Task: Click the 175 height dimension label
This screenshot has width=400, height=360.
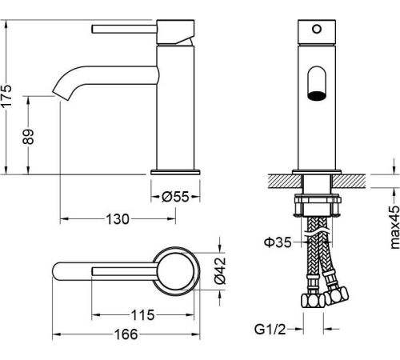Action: [6, 96]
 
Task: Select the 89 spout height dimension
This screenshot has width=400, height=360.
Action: [28, 137]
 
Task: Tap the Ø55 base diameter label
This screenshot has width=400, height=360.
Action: [175, 197]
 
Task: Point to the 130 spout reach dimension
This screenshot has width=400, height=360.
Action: [118, 219]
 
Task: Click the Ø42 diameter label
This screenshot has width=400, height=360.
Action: [220, 270]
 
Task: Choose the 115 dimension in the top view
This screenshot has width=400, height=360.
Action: [142, 315]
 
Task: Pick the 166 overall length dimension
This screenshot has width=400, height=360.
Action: [126, 334]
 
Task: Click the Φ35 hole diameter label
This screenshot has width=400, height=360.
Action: [278, 242]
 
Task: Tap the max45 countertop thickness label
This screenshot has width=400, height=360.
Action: [394, 227]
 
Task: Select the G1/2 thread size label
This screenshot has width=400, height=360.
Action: [270, 330]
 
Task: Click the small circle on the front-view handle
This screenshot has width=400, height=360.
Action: [317, 29]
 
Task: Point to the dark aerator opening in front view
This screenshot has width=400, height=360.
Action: [317, 96]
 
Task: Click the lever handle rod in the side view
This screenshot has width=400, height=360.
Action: [124, 29]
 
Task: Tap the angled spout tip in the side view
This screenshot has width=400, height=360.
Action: [62, 95]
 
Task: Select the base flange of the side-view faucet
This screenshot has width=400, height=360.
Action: [175, 172]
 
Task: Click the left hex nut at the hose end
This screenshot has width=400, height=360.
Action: [312, 301]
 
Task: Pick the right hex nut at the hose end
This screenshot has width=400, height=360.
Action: [337, 295]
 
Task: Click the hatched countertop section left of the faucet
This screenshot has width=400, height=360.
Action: [285, 181]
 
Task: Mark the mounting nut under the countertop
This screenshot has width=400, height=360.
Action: [317, 205]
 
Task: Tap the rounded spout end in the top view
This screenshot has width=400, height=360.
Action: [57, 271]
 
